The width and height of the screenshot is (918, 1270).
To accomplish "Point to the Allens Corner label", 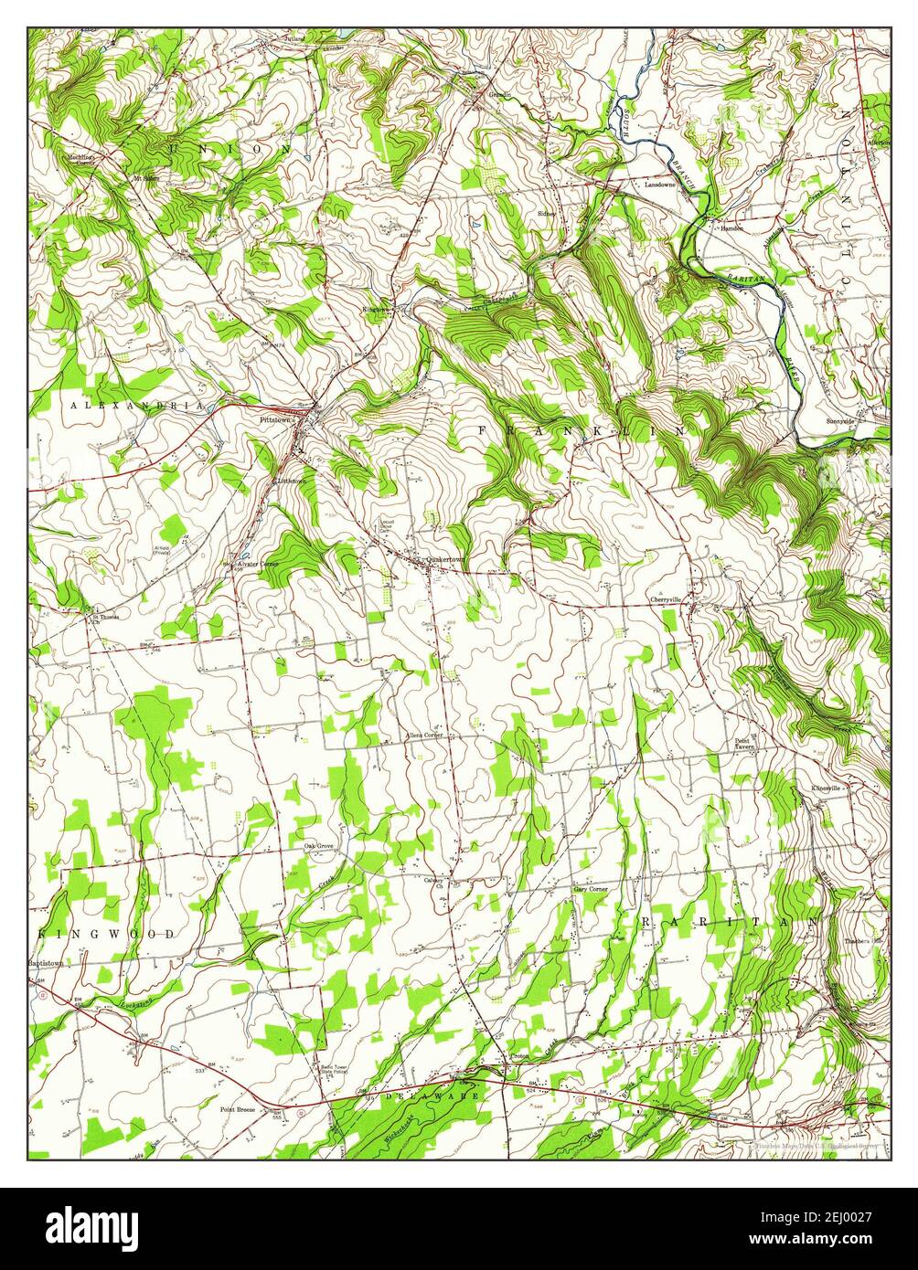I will tap(424, 735).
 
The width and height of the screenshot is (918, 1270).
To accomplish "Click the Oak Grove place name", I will tap(318, 846).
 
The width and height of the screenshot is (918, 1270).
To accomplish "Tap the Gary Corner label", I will tap(590, 888).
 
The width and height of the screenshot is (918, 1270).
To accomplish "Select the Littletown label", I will tap(292, 479).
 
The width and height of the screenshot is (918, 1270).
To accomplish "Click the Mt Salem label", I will tap(146, 178).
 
